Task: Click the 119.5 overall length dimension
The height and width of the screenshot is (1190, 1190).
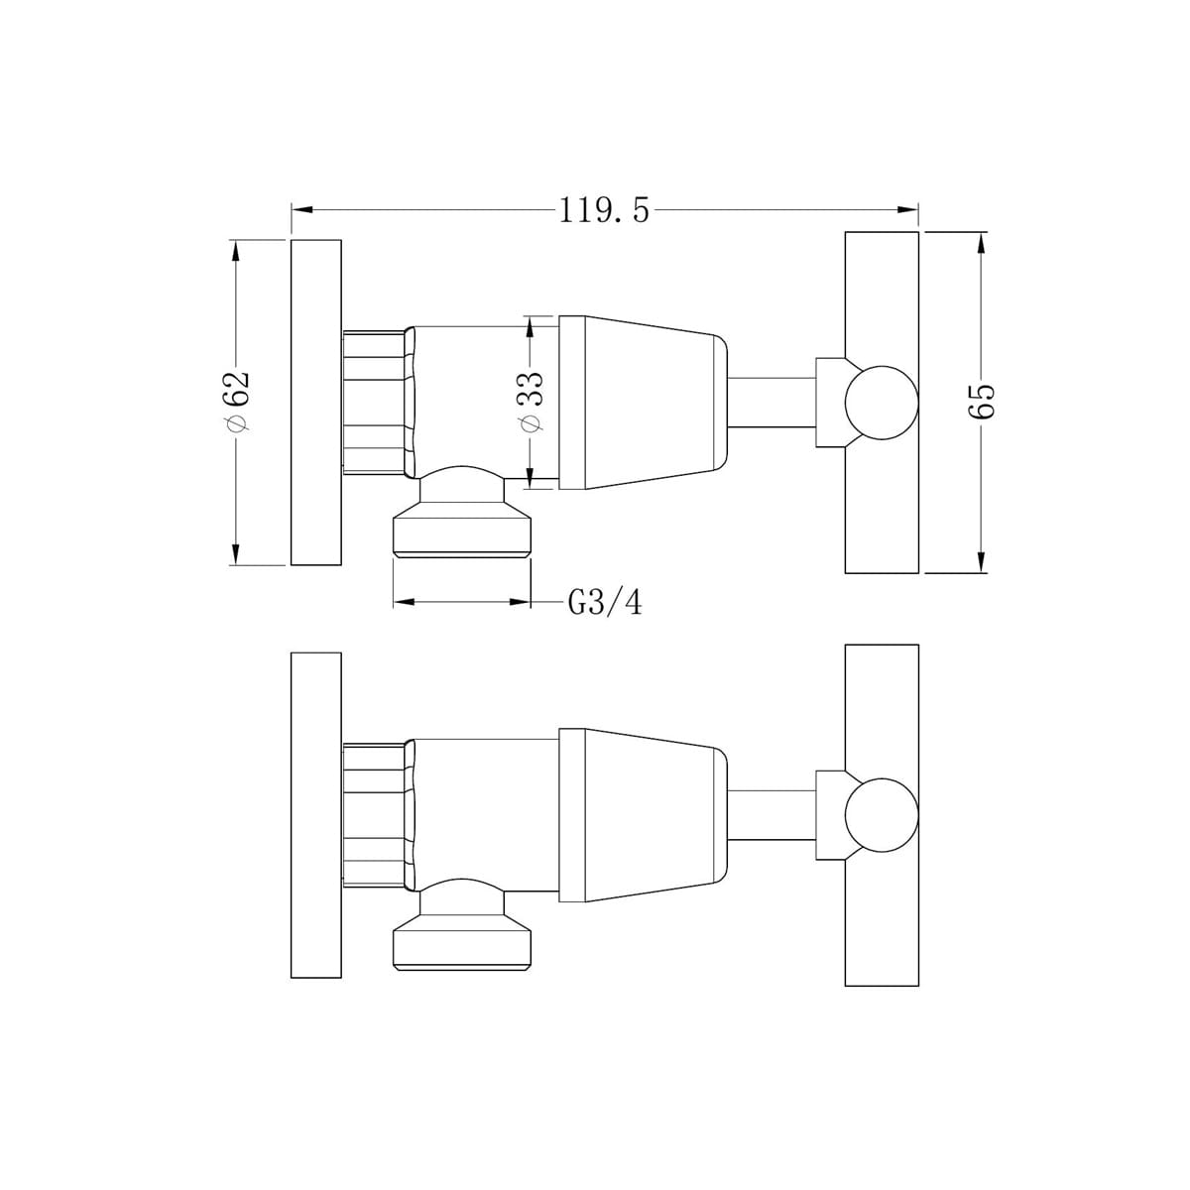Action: (604, 210)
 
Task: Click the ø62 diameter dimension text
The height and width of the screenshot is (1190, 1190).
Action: (236, 402)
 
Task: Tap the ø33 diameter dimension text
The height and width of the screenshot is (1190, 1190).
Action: (532, 402)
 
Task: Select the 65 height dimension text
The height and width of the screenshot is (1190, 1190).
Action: (981, 402)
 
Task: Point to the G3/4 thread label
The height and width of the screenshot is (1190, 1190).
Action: (604, 602)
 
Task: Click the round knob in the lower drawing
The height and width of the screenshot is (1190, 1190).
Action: (881, 814)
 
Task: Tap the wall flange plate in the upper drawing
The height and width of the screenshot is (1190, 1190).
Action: (315, 402)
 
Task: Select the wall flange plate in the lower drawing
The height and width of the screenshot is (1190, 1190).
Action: (315, 814)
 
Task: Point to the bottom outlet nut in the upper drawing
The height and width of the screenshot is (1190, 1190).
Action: (462, 531)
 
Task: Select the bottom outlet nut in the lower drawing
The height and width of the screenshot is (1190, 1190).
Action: (462, 942)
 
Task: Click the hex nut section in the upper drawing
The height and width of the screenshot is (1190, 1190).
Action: (375, 402)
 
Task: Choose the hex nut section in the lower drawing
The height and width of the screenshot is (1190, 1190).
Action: (375, 814)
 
